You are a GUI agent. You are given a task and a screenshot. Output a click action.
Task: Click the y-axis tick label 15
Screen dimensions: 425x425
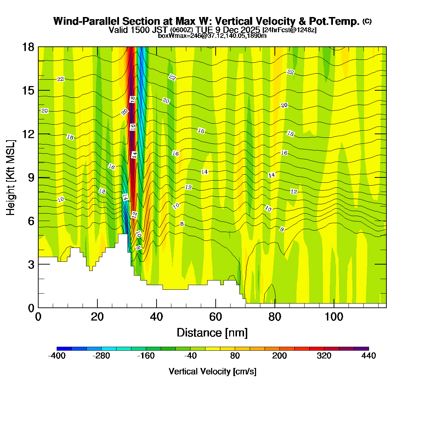coord(29,91)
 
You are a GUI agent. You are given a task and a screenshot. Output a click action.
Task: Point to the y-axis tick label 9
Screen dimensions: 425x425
coord(31,177)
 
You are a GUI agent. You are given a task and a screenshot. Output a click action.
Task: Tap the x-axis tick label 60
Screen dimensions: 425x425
coord(215,317)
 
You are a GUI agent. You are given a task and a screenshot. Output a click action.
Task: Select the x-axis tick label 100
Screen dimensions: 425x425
coord(334,317)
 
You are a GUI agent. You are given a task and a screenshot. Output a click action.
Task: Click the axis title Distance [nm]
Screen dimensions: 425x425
coord(212,333)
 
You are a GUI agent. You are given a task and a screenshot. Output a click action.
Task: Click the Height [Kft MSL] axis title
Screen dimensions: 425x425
coord(11,177)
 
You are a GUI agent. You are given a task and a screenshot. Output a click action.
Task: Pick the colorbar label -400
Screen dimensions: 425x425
coord(57,356)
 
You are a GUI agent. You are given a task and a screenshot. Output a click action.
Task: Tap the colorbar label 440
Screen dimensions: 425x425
coord(369,356)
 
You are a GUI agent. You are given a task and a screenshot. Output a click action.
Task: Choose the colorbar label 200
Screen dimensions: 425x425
coord(279,356)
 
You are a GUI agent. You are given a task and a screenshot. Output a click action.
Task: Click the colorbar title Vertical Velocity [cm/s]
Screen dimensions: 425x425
coord(212,372)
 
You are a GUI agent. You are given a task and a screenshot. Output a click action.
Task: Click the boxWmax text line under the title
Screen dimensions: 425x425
coord(212,36)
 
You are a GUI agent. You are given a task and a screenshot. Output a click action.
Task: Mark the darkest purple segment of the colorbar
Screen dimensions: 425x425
coord(361,348)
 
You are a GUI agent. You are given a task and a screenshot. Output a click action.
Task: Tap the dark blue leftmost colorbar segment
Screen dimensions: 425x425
coord(64,348)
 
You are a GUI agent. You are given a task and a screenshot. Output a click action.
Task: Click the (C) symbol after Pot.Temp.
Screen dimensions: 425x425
coord(367,21)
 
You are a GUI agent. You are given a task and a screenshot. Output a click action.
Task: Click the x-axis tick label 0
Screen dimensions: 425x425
coord(38,317)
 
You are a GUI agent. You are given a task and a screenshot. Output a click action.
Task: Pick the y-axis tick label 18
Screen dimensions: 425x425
coord(29,47)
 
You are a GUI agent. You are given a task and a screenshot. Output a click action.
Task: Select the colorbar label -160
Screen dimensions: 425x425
coord(146,356)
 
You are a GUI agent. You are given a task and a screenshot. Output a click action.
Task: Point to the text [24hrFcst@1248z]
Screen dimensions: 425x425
coord(289,30)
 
